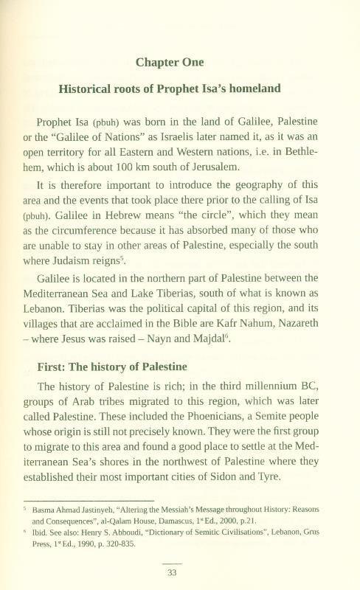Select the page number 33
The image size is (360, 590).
[x=180, y=572]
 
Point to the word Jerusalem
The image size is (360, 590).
[x=208, y=167]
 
